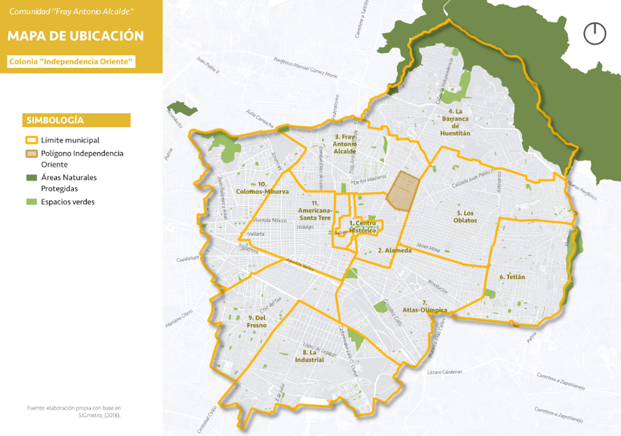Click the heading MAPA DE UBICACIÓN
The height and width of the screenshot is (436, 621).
[x=76, y=36]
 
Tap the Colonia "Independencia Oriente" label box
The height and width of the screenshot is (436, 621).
[x=71, y=62]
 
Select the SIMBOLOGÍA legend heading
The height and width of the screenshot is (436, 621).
[x=55, y=121]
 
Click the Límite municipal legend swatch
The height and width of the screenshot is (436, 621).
[x=31, y=140]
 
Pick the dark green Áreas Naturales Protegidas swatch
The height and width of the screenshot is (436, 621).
[x=31, y=177]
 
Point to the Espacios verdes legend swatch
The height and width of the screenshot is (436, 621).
[x=31, y=202]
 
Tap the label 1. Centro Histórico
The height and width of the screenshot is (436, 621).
[x=363, y=226]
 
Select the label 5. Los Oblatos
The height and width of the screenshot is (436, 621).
[x=467, y=217]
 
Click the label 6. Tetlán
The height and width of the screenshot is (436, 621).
[x=512, y=277]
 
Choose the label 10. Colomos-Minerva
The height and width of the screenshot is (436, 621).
[x=262, y=188]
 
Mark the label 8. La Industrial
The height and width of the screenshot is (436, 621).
[x=309, y=356]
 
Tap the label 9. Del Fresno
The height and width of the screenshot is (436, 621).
[x=257, y=321]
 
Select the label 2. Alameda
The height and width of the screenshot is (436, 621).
[x=395, y=250]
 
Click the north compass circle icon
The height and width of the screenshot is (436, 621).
[x=594, y=33]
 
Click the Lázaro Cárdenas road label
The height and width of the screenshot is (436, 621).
[x=444, y=372]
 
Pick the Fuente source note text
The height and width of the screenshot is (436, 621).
[x=74, y=411]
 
